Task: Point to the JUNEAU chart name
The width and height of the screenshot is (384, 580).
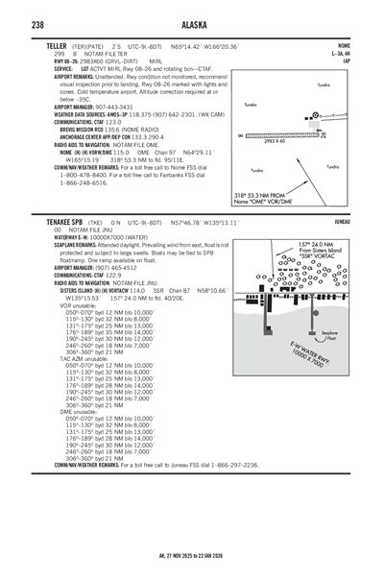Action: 341,220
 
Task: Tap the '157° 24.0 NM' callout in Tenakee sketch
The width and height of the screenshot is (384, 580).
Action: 303,244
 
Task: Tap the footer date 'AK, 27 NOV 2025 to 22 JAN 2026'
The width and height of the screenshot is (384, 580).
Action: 191,567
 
